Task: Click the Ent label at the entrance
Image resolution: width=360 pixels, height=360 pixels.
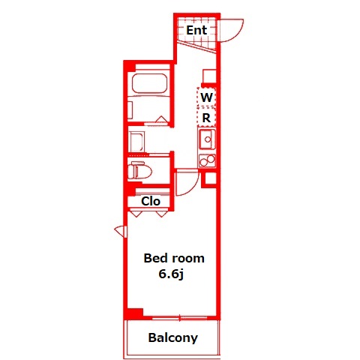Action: (196, 30)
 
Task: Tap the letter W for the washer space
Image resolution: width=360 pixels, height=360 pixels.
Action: (206, 97)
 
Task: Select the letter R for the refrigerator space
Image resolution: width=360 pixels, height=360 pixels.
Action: (206, 118)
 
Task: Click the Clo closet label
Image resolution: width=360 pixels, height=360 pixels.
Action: (151, 201)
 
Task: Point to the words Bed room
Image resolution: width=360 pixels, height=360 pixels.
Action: (174, 258)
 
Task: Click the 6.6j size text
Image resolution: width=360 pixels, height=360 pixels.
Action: (171, 274)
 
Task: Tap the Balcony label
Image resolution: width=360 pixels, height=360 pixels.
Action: (173, 337)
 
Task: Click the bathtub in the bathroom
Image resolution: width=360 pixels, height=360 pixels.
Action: (150, 83)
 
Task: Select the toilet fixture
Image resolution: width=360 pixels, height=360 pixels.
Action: (139, 171)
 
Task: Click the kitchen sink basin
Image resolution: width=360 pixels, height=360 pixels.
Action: (207, 139)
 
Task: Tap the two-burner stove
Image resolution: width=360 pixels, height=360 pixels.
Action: (207, 160)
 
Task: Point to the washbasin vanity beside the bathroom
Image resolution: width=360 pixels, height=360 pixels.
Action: (136, 142)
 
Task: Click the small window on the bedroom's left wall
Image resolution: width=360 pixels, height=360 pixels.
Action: (121, 231)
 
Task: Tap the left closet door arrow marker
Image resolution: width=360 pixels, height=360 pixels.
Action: (136, 214)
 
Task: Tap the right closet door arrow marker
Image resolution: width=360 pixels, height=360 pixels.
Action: (161, 214)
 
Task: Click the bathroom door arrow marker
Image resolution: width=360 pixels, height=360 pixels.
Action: (161, 119)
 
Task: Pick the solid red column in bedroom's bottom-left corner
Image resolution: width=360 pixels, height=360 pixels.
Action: (134, 313)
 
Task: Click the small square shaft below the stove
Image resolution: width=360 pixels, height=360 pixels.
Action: (211, 178)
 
